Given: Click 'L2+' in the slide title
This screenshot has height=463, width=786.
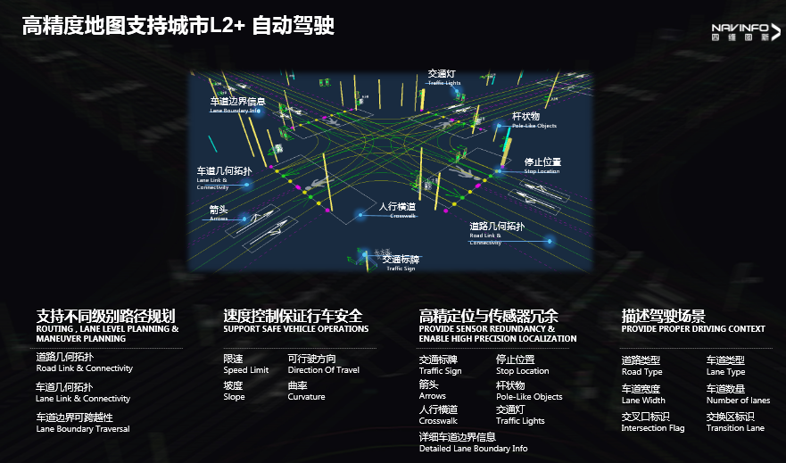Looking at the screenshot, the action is [229, 26].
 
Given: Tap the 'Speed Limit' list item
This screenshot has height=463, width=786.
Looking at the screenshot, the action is [245, 365].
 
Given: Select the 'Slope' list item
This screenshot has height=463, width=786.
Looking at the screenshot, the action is [235, 392].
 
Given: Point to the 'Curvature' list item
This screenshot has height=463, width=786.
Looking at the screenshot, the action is [306, 392].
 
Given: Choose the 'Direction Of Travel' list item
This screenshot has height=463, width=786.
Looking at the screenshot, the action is [323, 365].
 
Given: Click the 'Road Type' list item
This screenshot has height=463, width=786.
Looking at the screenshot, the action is [641, 367].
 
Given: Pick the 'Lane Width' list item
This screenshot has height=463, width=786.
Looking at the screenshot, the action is [643, 395].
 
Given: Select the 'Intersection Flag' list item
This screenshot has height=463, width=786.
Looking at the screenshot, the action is [652, 423].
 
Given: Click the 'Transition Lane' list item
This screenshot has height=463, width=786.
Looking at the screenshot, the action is [735, 423].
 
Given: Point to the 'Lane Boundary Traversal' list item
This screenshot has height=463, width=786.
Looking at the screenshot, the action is [82, 423].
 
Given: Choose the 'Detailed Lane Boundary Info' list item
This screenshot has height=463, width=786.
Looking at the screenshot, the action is [473, 443].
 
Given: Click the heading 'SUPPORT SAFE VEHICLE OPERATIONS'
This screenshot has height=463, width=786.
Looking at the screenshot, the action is [295, 329].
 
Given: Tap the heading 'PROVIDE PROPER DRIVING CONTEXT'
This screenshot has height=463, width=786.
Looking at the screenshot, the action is [693, 329].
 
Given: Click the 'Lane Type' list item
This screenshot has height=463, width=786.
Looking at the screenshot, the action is [725, 367].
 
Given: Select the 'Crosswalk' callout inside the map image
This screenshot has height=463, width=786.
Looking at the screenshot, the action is [398, 210].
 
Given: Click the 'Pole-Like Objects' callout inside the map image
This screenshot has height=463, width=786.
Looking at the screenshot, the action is [534, 120].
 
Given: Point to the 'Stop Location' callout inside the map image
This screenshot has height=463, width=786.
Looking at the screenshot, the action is [542, 166].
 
